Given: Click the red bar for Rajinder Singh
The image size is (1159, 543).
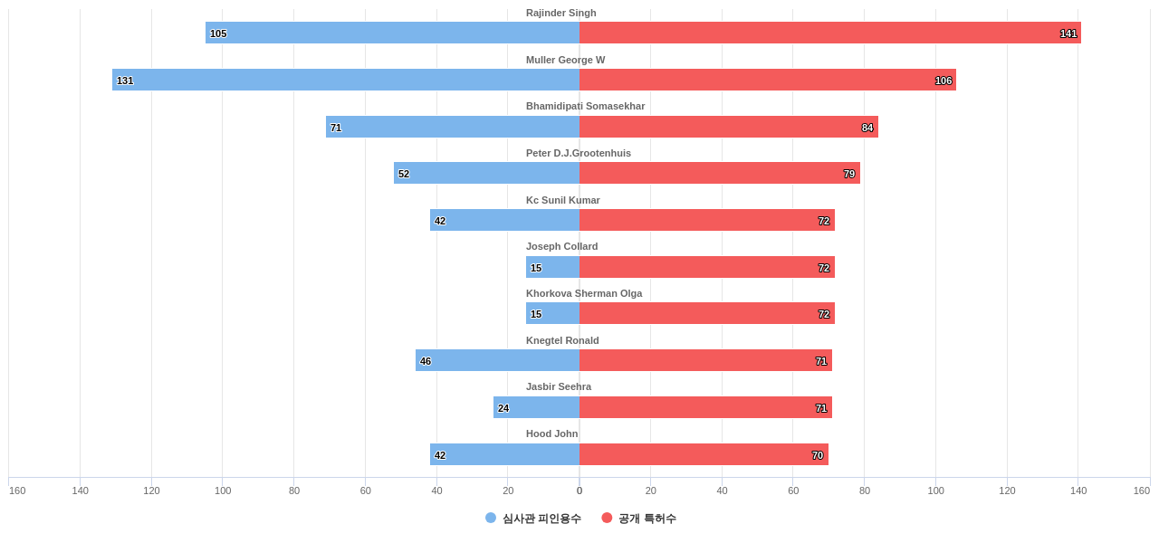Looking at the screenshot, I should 829,33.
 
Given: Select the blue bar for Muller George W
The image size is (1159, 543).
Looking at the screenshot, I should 346,80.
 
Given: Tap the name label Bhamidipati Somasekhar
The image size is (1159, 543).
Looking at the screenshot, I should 585,106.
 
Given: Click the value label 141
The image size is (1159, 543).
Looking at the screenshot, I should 1068,33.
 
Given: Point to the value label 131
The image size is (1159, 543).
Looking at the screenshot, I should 125,81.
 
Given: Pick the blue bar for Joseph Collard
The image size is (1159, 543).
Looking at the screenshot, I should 552,267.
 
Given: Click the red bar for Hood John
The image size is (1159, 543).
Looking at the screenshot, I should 704,454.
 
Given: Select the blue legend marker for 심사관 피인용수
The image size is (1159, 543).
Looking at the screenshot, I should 491,518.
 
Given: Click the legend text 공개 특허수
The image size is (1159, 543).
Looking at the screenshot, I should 647,519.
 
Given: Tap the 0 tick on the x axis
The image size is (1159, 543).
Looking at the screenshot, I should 579,491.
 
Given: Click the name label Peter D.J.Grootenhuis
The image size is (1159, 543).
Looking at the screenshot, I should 578,153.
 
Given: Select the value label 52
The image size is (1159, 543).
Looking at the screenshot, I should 404,174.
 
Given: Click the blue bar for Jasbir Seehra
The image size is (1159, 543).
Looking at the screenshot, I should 536,407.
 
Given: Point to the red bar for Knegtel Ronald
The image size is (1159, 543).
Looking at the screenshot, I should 705,360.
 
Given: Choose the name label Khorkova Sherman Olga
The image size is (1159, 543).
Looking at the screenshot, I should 583,293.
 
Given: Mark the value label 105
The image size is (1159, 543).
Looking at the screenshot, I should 218,33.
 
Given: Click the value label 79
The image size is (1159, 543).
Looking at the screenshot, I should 849,174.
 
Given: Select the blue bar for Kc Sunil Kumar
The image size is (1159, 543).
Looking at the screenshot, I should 504,220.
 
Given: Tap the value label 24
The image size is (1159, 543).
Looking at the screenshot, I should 503,408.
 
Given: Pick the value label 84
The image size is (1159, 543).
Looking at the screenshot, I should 867,128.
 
